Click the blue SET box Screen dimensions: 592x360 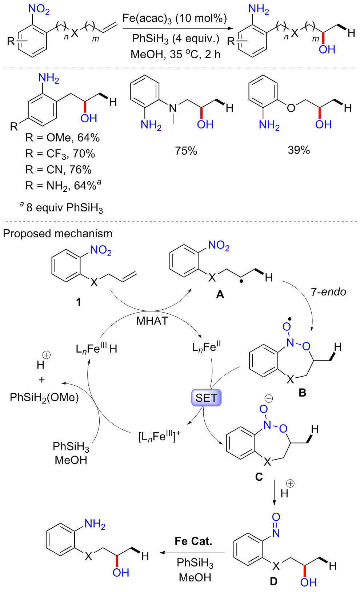coord(206,398)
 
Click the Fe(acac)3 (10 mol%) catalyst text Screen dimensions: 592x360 coord(175,18)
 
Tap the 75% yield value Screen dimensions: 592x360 coord(186,151)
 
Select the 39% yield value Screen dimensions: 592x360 coord(299,150)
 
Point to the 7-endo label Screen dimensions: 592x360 coord(328,292)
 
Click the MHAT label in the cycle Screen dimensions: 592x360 coord(152,321)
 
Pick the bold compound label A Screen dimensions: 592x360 coord(220,294)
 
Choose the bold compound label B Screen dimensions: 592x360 coord(302,393)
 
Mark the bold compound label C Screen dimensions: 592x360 coord(259,477)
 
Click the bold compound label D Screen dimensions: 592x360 coord(273,581)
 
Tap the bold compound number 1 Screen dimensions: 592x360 coord(79,302)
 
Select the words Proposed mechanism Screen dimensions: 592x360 coord(58,234)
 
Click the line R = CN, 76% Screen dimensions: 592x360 coord(58,170)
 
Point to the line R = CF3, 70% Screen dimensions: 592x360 coord(60,154)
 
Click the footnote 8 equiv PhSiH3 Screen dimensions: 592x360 coord(62,207)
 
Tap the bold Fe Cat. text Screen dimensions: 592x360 coord(193,541)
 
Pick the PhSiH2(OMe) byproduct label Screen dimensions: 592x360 coord(44,397)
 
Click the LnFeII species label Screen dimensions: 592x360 coord(206,347)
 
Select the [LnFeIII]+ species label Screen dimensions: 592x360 coord(159,436)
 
